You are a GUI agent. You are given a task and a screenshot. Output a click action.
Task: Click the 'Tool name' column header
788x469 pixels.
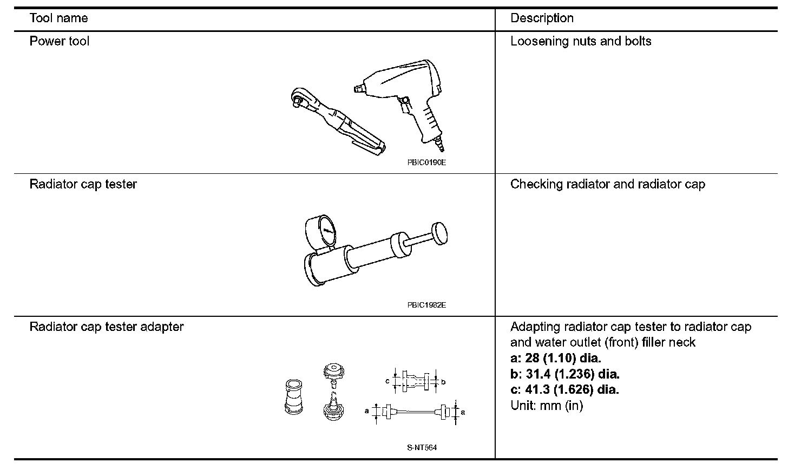click(58, 18)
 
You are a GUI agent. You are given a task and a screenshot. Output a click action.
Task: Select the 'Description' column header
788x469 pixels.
click(542, 18)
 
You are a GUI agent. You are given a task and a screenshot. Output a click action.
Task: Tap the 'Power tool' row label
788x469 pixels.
click(60, 41)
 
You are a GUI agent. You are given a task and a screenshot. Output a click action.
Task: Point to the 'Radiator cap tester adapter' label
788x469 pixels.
click(107, 327)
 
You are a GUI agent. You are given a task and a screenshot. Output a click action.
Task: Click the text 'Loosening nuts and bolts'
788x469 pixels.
click(581, 41)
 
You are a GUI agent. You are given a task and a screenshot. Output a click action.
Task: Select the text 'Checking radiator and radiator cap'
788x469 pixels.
click(608, 184)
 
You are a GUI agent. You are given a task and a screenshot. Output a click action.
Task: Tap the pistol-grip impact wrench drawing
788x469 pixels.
click(406, 97)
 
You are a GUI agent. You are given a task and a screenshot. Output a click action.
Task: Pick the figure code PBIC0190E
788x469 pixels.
click(426, 162)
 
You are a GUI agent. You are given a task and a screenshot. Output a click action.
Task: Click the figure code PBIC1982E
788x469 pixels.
click(426, 305)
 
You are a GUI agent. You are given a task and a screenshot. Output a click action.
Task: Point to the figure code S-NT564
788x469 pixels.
click(422, 448)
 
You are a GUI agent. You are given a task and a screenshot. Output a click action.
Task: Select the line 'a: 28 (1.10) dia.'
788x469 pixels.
click(556, 358)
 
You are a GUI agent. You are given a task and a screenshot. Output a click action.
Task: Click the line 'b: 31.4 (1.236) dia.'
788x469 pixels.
click(564, 374)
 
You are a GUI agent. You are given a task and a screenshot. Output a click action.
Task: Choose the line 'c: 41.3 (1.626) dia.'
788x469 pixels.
click(564, 389)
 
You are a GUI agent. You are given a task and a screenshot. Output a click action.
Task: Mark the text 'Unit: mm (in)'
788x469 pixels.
click(547, 405)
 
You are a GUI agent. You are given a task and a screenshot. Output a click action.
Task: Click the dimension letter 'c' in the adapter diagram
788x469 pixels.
click(388, 381)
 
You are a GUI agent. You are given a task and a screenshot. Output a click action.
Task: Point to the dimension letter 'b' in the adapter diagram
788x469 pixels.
click(443, 382)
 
